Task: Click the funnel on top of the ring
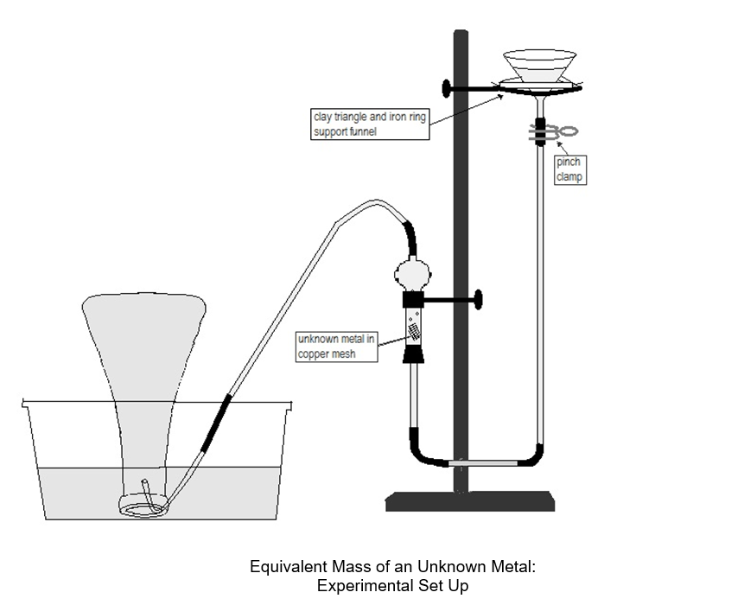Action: pyautogui.click(x=540, y=67)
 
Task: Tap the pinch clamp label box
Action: pyautogui.click(x=569, y=170)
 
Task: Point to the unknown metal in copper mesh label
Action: pyautogui.click(x=337, y=347)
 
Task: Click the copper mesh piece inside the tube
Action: pyautogui.click(x=414, y=329)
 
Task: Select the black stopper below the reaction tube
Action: pyautogui.click(x=413, y=353)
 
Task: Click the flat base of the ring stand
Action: pyautogui.click(x=469, y=500)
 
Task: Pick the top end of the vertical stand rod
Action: pyautogui.click(x=461, y=35)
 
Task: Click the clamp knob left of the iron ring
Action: pyautogui.click(x=445, y=88)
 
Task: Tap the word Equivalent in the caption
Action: pyautogui.click(x=286, y=568)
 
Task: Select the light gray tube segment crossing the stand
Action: pyautogui.click(x=484, y=463)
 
